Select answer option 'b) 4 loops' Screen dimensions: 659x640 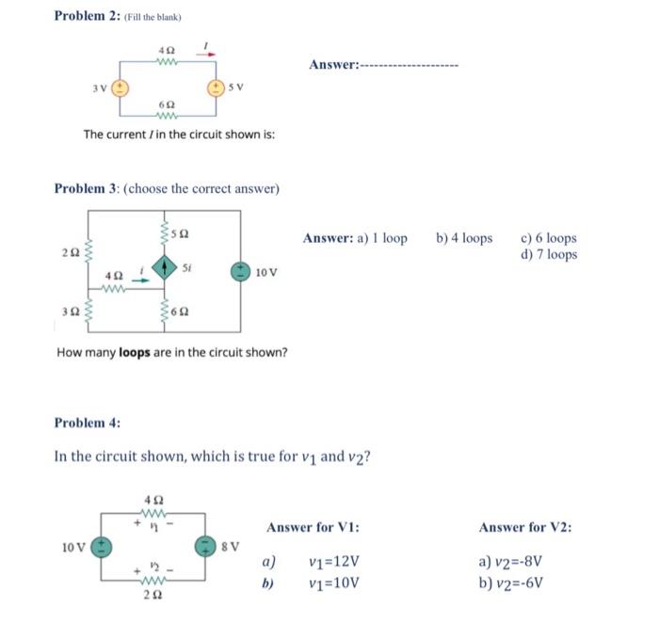pyautogui.click(x=464, y=238)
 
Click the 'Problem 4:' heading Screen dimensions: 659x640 pyautogui.click(x=88, y=423)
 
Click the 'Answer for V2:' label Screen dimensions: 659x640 pyautogui.click(x=524, y=527)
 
